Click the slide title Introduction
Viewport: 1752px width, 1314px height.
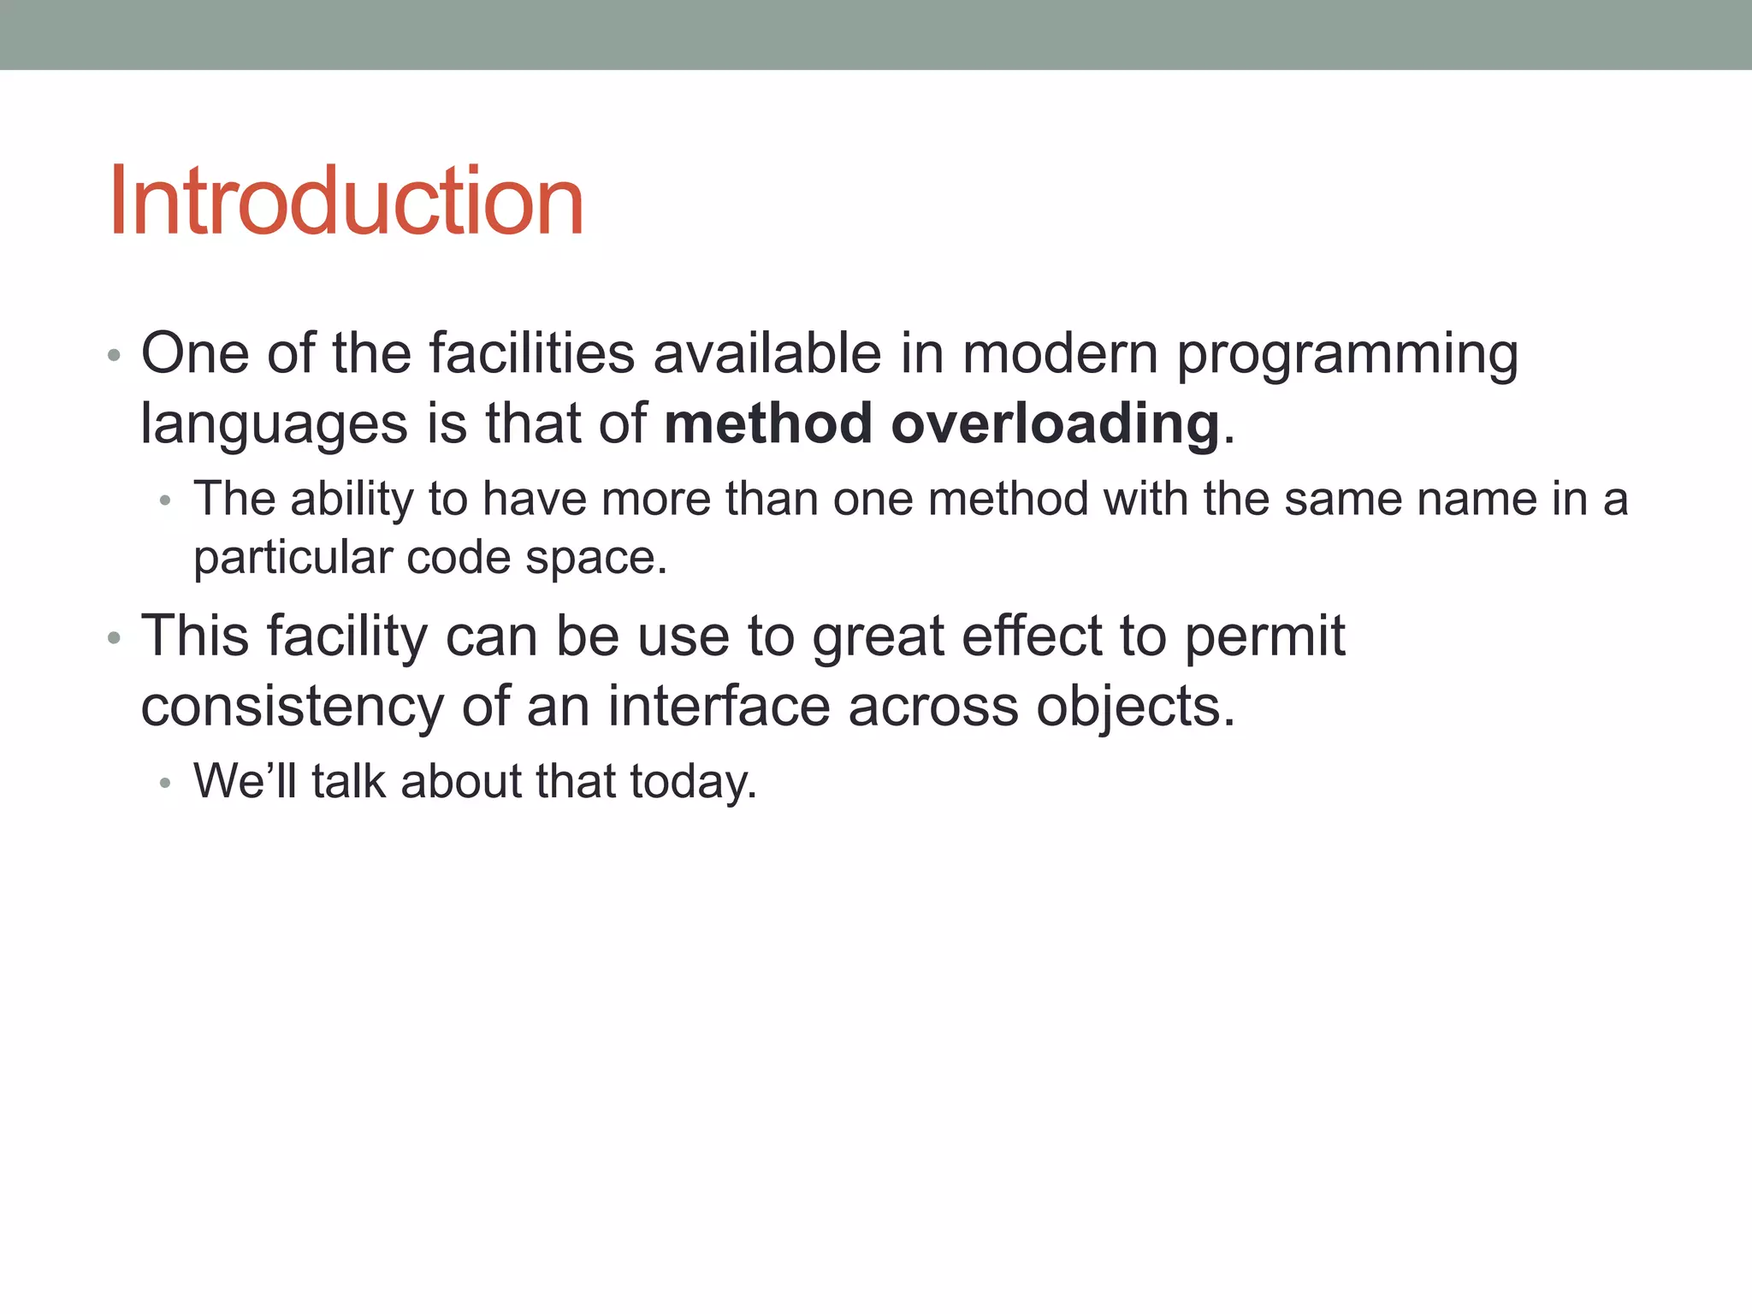346,201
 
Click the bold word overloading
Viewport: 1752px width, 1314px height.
1055,423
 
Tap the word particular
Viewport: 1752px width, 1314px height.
293,559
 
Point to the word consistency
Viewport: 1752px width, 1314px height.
292,707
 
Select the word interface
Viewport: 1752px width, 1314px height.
719,707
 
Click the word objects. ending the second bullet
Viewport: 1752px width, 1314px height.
1136,707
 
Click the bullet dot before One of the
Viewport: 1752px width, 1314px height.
115,355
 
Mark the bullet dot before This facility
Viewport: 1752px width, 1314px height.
115,638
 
